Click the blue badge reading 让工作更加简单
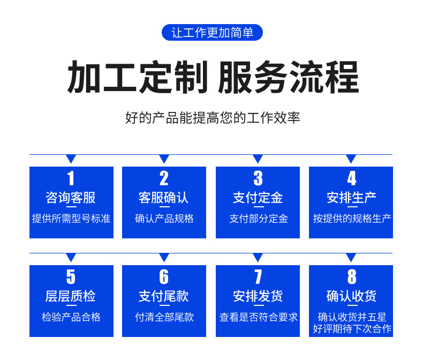pos(212,32)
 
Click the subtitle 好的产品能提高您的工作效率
pos(213,118)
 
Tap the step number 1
pos(71,178)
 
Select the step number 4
pos(351,178)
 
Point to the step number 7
pos(258,276)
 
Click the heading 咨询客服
pos(71,198)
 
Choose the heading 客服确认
pos(164,198)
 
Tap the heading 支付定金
pos(258,198)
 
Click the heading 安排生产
pos(351,198)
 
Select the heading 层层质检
pos(71,296)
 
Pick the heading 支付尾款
pos(164,296)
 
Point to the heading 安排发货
pos(258,296)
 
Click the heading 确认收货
pos(351,296)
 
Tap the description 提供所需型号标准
pos(71,219)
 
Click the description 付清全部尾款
pos(164,317)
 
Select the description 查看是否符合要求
pos(259,317)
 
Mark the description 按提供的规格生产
pos(352,219)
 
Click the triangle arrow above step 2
pos(164,159)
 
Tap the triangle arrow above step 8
pos(351,257)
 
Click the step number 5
pos(71,276)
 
